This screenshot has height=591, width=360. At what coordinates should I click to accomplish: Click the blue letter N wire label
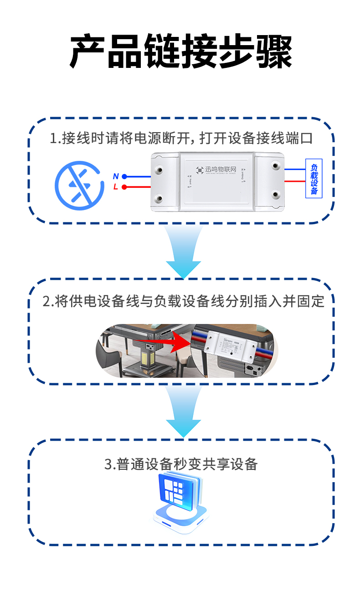click(116, 176)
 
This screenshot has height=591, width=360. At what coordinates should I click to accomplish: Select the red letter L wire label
click(116, 187)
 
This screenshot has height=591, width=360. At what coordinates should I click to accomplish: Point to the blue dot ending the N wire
click(124, 176)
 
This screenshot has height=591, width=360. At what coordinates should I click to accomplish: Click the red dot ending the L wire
click(124, 187)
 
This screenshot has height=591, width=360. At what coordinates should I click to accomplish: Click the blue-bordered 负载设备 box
click(314, 178)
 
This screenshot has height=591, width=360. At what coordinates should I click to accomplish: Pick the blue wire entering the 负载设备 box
click(295, 169)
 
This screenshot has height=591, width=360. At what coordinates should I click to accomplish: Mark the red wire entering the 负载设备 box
click(295, 181)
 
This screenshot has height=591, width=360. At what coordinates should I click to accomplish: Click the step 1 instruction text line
click(181, 138)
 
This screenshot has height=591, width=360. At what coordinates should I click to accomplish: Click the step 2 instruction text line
click(183, 301)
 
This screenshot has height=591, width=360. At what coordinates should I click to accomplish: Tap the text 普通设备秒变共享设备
click(181, 464)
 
